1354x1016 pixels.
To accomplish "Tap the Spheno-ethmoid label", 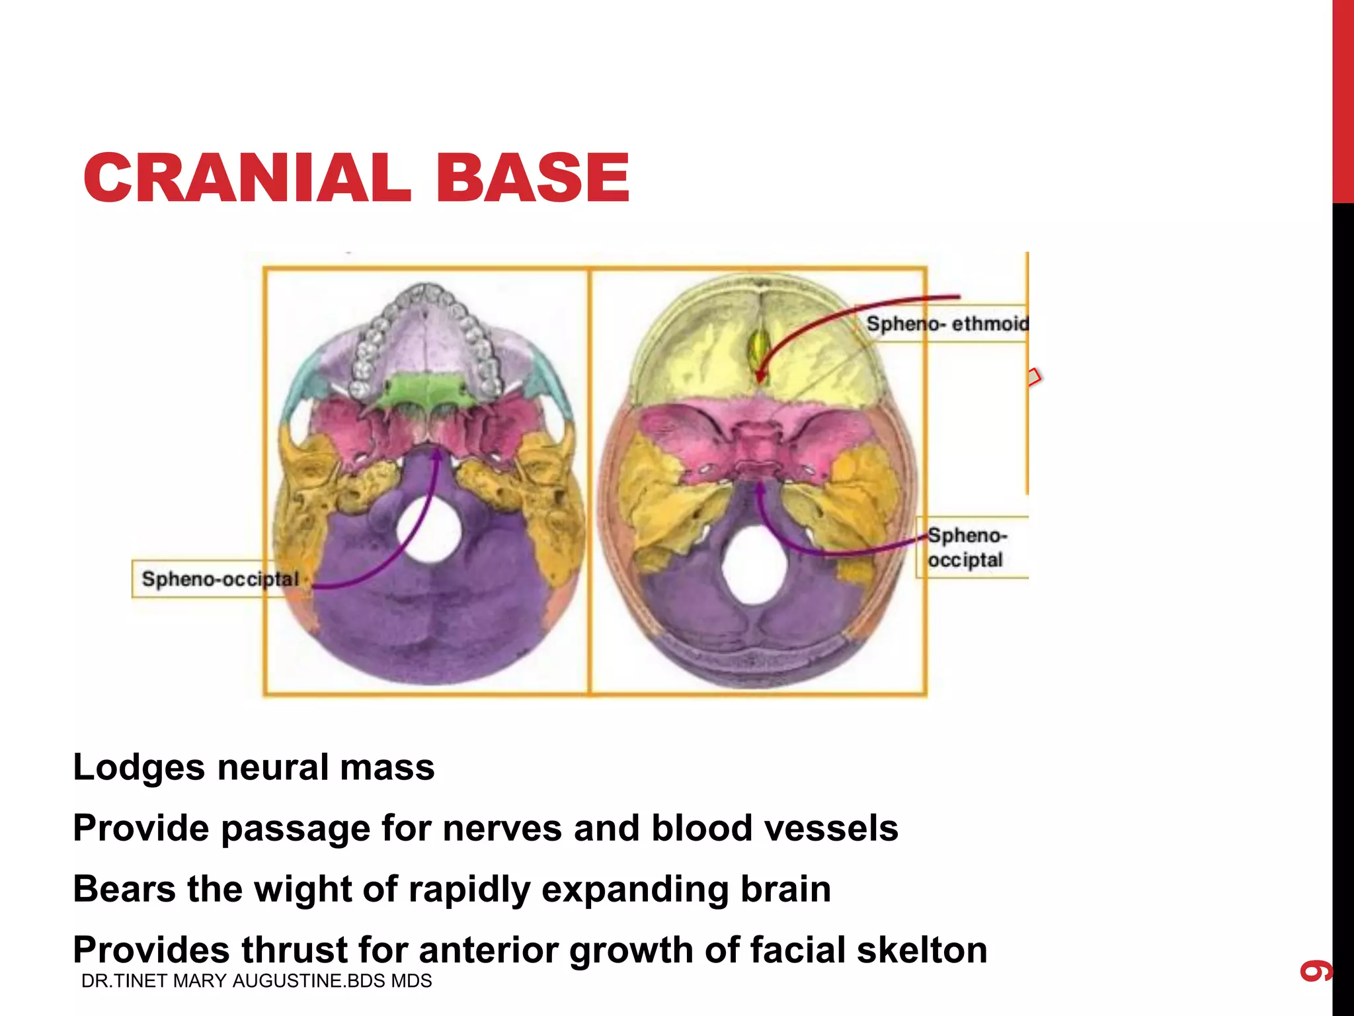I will [x=947, y=323].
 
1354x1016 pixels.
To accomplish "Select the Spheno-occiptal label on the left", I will [x=220, y=579].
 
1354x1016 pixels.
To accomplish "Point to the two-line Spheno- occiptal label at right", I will [x=966, y=547].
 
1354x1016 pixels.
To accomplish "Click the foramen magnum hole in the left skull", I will [x=428, y=529].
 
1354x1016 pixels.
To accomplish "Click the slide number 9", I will [x=1316, y=970].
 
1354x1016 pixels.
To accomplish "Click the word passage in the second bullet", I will [x=295, y=828].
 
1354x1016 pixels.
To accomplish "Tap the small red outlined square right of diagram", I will [x=1034, y=378].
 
